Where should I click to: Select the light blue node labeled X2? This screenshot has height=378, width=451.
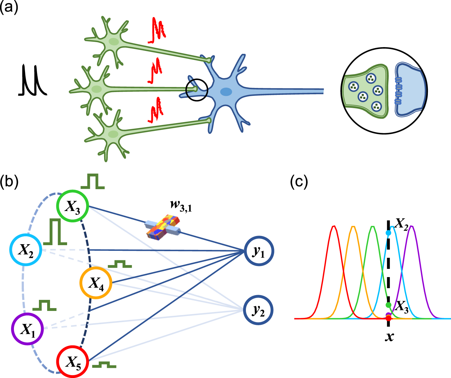click(26, 250)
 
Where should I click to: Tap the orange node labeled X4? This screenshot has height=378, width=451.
click(96, 283)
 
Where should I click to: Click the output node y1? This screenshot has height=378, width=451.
click(259, 251)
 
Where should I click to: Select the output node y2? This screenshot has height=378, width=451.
click(259, 310)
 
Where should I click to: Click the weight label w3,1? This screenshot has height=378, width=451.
click(181, 206)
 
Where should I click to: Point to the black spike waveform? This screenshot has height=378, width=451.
click(32, 80)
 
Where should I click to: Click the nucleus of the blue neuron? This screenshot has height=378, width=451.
click(226, 92)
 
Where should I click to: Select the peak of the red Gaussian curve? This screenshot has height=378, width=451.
click(333, 226)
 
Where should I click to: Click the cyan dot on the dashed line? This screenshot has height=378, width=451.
click(389, 233)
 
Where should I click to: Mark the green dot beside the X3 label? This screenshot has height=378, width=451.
click(389, 305)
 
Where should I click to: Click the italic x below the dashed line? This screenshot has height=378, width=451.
click(389, 337)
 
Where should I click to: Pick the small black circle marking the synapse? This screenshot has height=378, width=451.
click(197, 90)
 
